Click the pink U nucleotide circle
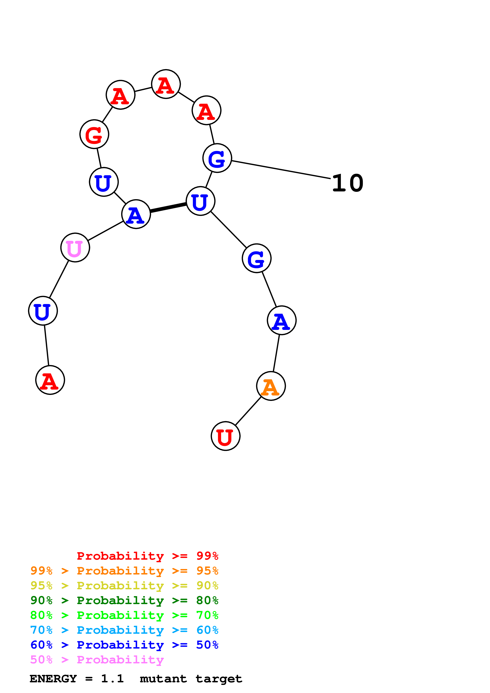point(75,248)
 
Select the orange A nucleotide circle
point(271,386)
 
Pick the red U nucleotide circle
point(226,436)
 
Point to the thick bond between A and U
point(168,207)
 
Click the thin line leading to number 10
point(281,170)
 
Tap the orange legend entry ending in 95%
point(124,571)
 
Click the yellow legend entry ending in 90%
point(124,586)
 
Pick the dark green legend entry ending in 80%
point(124,600)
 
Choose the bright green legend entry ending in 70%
point(124,615)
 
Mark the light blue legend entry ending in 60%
point(124,630)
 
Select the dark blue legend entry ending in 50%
point(124,645)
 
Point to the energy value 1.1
point(112,679)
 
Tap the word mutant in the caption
point(163,679)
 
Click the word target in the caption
point(219,679)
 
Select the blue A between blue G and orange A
point(281,320)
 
